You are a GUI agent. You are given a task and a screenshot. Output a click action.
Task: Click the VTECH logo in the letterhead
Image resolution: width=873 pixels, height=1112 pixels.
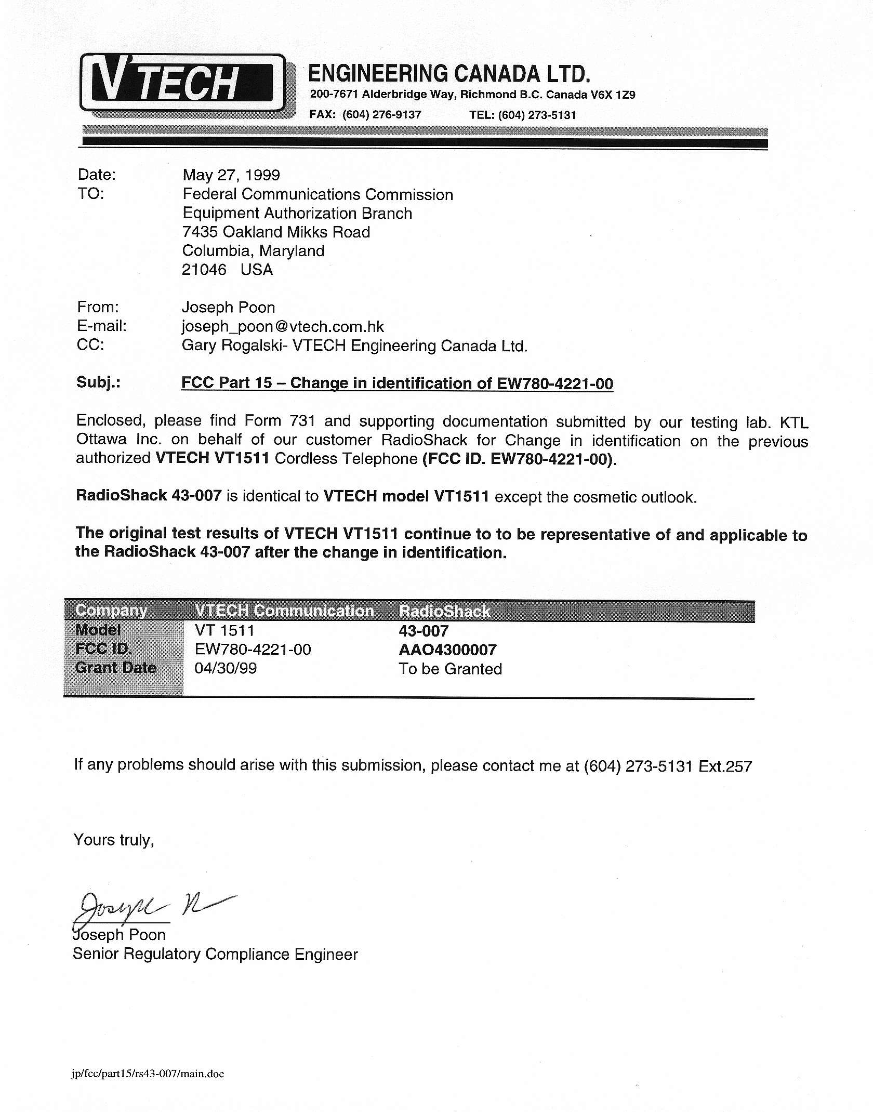click(x=182, y=83)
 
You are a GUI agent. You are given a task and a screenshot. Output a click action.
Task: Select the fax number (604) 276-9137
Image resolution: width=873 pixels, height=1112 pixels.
click(x=381, y=115)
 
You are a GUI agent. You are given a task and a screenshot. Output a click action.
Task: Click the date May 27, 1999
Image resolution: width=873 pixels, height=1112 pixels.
click(x=231, y=175)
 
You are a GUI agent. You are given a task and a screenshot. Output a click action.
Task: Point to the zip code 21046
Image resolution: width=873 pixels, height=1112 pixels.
click(x=204, y=270)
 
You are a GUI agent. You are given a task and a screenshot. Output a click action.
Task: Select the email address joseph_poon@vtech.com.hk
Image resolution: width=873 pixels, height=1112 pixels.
click(x=283, y=327)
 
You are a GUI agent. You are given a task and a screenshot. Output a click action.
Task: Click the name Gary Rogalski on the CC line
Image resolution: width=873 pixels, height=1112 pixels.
click(x=233, y=346)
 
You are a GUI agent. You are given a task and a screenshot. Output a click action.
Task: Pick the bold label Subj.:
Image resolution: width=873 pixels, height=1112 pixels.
click(x=98, y=382)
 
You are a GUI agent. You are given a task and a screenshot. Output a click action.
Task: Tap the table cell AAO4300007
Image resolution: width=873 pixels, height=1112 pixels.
click(x=447, y=650)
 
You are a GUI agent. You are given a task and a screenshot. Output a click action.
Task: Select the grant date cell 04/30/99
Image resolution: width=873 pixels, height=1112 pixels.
click(x=226, y=668)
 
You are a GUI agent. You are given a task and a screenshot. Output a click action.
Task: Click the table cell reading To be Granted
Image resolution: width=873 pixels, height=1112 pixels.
click(x=450, y=669)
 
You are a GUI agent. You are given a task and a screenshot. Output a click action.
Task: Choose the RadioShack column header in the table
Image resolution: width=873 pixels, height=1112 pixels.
click(x=444, y=611)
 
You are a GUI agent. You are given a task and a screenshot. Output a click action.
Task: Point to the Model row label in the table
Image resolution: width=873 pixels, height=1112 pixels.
click(x=98, y=630)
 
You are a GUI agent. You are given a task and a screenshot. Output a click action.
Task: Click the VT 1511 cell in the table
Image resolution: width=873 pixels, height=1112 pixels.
click(x=224, y=631)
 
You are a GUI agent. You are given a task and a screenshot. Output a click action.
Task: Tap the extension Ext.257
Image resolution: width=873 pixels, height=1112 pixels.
click(x=725, y=766)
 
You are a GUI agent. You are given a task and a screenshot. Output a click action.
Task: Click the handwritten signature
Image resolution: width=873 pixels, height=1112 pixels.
click(x=151, y=906)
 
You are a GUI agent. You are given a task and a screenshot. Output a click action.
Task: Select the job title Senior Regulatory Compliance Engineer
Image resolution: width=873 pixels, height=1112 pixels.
click(x=215, y=954)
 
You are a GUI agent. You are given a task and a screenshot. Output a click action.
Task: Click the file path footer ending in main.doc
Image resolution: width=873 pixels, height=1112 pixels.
click(x=148, y=1074)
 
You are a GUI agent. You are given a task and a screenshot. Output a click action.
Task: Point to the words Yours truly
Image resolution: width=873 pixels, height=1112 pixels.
click(x=114, y=840)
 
